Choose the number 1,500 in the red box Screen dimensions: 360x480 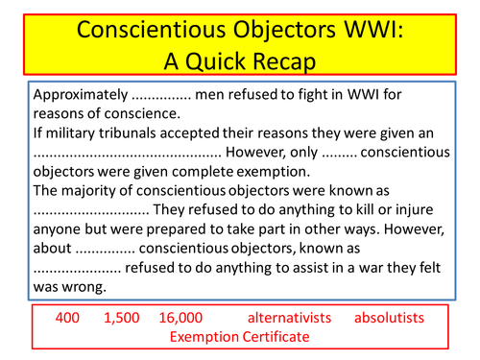[x=119, y=317]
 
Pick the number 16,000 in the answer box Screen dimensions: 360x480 [x=179, y=317]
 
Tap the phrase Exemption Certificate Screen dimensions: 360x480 [x=239, y=336]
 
